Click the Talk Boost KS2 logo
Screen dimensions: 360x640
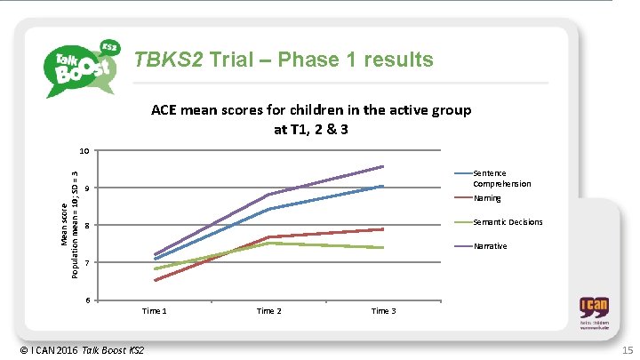point(83,67)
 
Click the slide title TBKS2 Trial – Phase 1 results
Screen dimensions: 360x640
point(283,60)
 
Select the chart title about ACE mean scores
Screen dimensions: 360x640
point(311,119)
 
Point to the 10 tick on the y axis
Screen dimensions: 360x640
point(86,149)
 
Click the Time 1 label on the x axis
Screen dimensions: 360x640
point(155,311)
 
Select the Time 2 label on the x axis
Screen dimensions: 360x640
point(269,311)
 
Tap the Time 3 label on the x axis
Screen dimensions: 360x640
point(383,311)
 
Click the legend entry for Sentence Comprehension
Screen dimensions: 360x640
point(501,178)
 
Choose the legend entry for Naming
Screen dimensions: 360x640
point(487,198)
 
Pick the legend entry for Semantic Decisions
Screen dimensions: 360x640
point(508,222)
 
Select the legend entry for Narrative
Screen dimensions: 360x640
point(490,245)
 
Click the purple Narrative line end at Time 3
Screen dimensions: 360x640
point(383,166)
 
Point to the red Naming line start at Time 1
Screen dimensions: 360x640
point(155,281)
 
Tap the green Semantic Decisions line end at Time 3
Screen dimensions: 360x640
point(383,248)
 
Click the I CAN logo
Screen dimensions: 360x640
point(595,314)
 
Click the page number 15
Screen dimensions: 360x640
point(627,350)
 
